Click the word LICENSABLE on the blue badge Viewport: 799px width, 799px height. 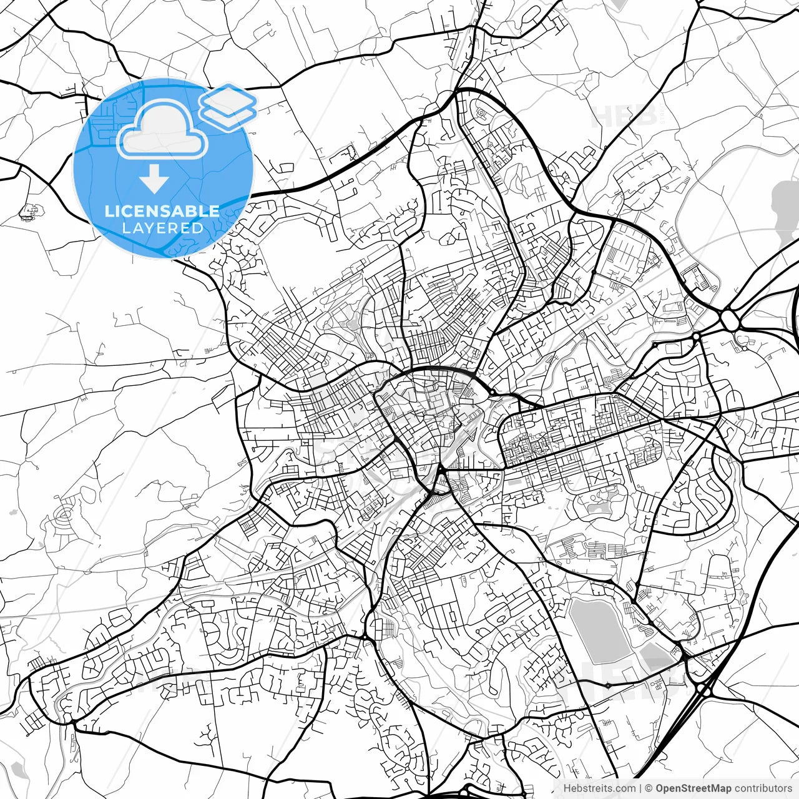click(162, 211)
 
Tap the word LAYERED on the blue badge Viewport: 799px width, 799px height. click(162, 228)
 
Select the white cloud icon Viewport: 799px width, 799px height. click(162, 131)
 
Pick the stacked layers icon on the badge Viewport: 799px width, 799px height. click(228, 106)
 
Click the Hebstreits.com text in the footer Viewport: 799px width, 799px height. click(599, 788)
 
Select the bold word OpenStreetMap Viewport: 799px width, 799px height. click(693, 788)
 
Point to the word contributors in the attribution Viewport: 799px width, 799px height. click(763, 788)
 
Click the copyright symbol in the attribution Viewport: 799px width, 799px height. click(649, 788)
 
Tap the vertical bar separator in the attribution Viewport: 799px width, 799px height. click(641, 788)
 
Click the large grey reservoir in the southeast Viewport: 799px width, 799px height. click(598, 630)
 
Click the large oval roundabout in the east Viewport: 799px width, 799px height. click(729, 320)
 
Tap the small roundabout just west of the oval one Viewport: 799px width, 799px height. click(696, 336)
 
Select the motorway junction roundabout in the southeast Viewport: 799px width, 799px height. click(704, 690)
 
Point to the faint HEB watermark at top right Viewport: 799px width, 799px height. click(624, 115)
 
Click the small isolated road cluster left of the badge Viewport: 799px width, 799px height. click(29, 213)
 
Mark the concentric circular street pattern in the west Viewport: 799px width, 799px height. click(66, 515)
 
